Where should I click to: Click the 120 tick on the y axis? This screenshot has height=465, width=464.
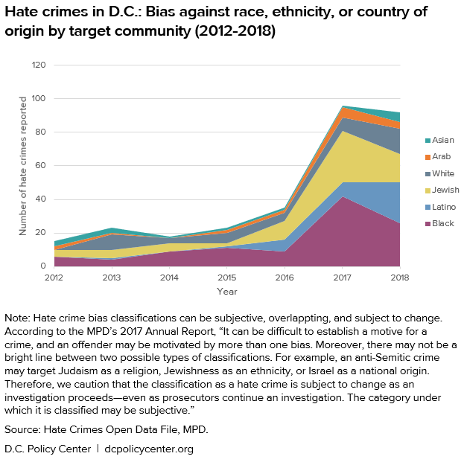[39, 65]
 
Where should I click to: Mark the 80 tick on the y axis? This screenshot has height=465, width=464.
[41, 132]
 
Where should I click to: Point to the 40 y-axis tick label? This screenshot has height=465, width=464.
[41, 199]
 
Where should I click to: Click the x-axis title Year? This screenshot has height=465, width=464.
[227, 292]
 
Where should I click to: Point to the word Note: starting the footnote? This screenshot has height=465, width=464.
[18, 317]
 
